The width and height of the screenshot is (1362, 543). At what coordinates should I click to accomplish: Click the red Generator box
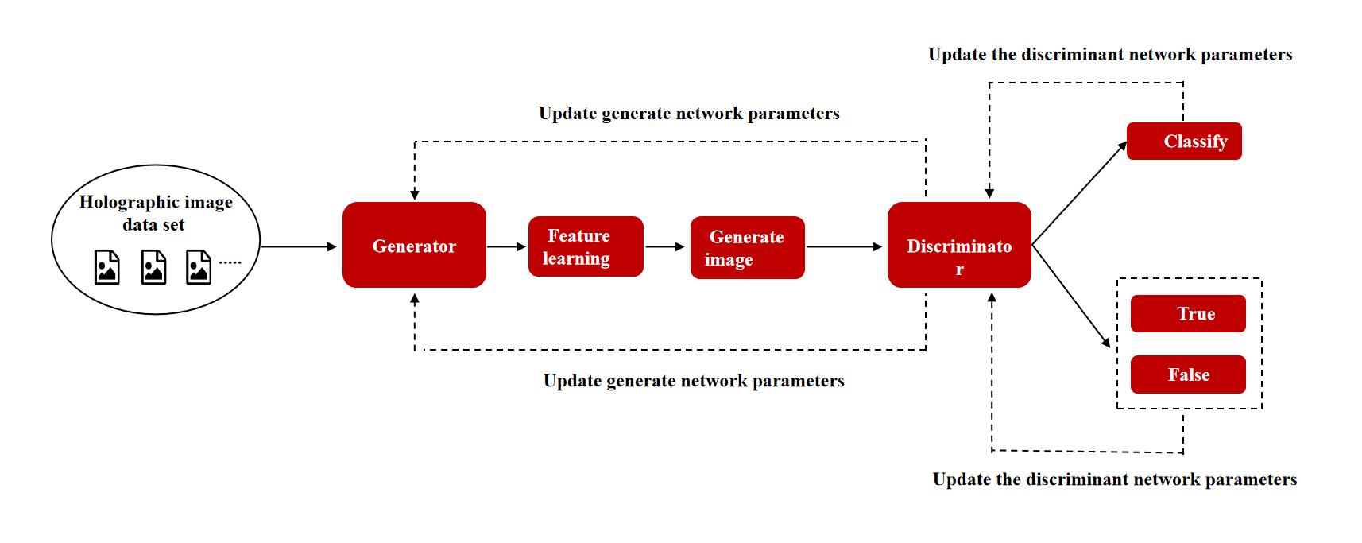(x=414, y=245)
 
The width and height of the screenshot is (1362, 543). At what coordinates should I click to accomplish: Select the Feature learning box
(x=586, y=246)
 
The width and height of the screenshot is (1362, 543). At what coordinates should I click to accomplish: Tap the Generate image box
(x=747, y=247)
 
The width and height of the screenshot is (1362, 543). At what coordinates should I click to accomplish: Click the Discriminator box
(x=959, y=245)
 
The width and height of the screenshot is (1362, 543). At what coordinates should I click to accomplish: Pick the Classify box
(x=1184, y=141)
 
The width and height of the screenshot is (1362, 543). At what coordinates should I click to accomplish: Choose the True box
(x=1188, y=314)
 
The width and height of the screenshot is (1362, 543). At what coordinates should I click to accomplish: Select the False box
(x=1188, y=374)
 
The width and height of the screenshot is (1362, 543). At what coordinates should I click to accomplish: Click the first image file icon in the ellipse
(x=107, y=267)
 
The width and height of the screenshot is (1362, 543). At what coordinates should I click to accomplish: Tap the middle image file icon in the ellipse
(x=153, y=267)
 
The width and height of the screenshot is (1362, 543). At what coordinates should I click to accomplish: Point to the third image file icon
(x=199, y=267)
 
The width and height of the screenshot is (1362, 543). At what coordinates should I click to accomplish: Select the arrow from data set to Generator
(x=299, y=247)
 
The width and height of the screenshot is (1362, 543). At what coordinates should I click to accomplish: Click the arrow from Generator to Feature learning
(x=506, y=247)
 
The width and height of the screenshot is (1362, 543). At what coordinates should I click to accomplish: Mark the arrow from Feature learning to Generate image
(x=665, y=247)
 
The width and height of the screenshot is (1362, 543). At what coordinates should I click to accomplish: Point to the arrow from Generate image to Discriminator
(x=845, y=247)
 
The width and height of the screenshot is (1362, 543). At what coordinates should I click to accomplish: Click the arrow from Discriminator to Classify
(x=1080, y=192)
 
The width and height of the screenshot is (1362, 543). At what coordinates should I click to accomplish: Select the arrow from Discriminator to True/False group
(x=1071, y=296)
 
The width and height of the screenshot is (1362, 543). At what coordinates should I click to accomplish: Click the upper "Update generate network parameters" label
(x=689, y=114)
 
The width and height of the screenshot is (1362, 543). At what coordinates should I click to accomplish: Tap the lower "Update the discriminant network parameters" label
(x=1115, y=479)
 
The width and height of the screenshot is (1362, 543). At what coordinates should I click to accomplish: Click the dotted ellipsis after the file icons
(x=230, y=262)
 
